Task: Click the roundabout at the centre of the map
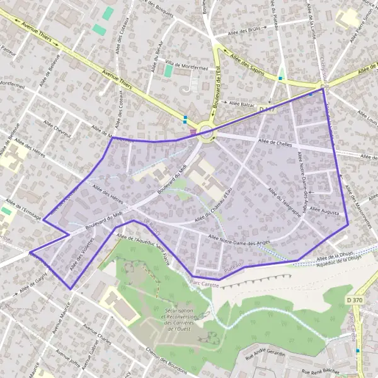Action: point(205,131)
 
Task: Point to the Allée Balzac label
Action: point(241,102)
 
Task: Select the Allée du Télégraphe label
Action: point(285,202)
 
